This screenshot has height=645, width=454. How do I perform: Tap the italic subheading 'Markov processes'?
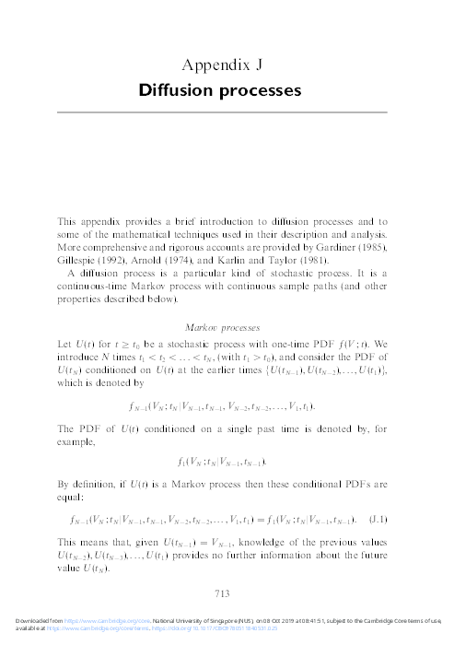(227, 327)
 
